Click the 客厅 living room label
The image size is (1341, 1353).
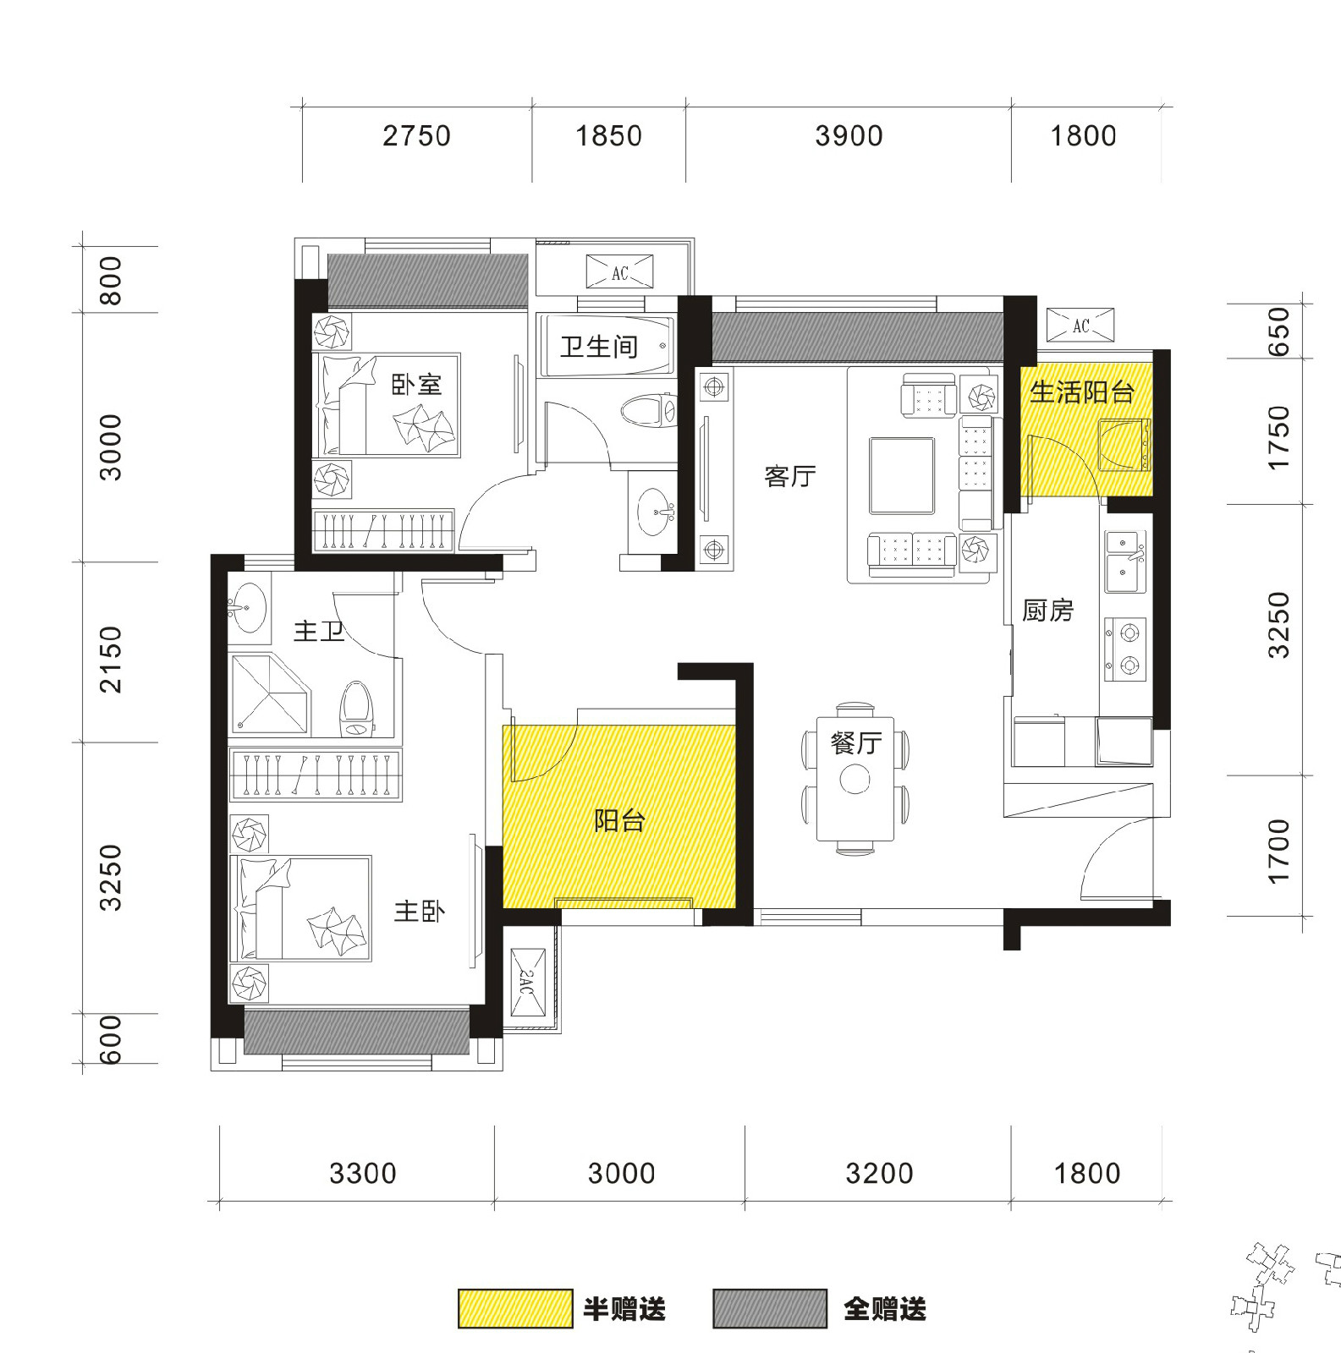[x=789, y=477]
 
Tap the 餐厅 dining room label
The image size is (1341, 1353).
[x=856, y=742]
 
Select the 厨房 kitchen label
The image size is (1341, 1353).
[x=1047, y=610]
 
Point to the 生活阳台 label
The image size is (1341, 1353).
[x=1082, y=392]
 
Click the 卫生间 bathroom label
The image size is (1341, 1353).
[x=599, y=347]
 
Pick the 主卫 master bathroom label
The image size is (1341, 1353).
[x=319, y=631]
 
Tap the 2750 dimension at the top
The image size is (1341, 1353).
[x=416, y=136]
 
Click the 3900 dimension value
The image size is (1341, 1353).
[x=849, y=136]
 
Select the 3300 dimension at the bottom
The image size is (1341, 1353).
[x=363, y=1174]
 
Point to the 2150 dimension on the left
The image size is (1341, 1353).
[x=111, y=660]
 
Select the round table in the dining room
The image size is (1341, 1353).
[x=855, y=779]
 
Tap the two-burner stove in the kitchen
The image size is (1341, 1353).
[x=1124, y=649]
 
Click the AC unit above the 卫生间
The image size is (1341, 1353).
[x=620, y=273]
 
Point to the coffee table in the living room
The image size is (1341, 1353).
[x=902, y=475]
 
